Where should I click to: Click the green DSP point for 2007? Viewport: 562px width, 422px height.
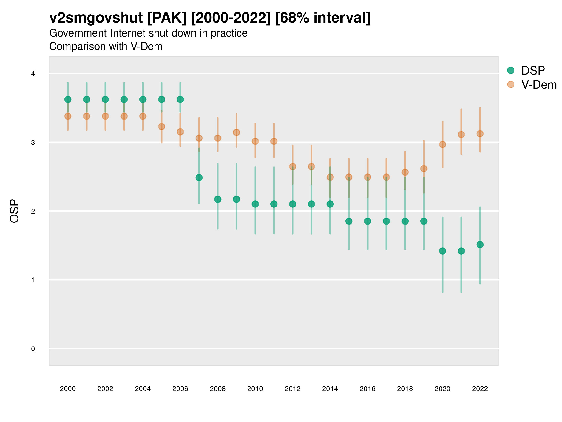coord(199,177)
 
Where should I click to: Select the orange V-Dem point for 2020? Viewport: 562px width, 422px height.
coord(442,144)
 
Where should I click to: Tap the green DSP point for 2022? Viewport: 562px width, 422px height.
coord(480,245)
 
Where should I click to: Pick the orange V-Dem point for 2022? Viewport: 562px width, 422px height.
coord(480,134)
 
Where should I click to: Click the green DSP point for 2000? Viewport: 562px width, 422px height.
coord(68,99)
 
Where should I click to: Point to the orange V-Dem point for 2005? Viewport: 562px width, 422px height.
coord(162,126)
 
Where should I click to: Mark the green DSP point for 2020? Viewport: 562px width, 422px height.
coord(442,251)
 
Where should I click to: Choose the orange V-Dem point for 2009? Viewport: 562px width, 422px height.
coord(237,132)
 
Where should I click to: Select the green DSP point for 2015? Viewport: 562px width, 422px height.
coord(349,221)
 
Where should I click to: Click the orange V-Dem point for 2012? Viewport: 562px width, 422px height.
coord(293,167)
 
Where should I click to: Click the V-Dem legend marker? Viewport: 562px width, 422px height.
coord(511,84)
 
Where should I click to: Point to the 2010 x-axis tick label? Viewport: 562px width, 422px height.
coord(255,389)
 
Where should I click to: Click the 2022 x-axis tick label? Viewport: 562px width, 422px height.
coord(480,389)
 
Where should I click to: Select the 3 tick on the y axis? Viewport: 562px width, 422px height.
coord(33,143)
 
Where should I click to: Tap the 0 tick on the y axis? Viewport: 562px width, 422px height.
coord(33,349)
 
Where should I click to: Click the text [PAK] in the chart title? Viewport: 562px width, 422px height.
coord(167,18)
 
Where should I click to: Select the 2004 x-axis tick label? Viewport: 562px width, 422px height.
coord(143,389)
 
